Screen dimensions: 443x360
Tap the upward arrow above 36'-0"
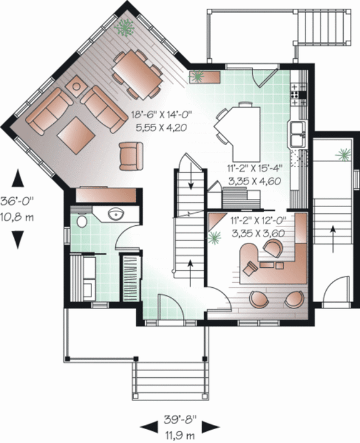pyautogui.click(x=18, y=179)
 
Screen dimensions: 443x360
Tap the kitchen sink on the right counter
pyautogui.click(x=296, y=132)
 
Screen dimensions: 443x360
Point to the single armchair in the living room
pyautogui.click(x=131, y=155)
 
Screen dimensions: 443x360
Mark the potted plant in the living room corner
pyautogui.click(x=125, y=27)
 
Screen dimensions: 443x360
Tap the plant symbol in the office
pyautogui.click(x=215, y=238)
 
